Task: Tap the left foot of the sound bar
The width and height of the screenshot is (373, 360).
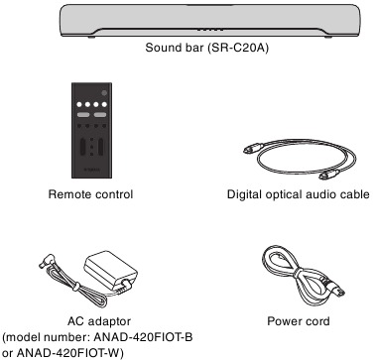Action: (x=91, y=37)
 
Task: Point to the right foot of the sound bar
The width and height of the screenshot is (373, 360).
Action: (x=327, y=37)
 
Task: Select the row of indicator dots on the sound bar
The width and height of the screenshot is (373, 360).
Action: (x=210, y=30)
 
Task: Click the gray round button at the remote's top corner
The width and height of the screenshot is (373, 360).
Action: (x=104, y=93)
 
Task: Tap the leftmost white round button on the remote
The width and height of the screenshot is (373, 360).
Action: (x=79, y=104)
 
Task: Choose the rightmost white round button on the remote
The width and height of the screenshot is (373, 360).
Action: (x=104, y=104)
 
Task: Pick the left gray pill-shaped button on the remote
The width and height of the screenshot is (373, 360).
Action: (x=83, y=115)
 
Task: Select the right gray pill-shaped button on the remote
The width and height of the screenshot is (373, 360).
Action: (x=100, y=115)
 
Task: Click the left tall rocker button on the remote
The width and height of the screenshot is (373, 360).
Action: (x=82, y=147)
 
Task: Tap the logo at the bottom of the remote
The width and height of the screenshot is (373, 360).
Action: (x=91, y=171)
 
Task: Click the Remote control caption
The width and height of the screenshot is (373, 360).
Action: (x=90, y=194)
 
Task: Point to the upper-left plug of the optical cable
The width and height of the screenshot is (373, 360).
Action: (x=253, y=148)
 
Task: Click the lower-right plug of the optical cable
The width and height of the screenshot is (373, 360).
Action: (x=329, y=176)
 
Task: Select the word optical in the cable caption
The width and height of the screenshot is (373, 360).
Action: (x=285, y=194)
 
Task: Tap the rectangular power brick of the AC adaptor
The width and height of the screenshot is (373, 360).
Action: (x=111, y=269)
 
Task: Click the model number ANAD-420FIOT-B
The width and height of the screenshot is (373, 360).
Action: (x=144, y=338)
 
